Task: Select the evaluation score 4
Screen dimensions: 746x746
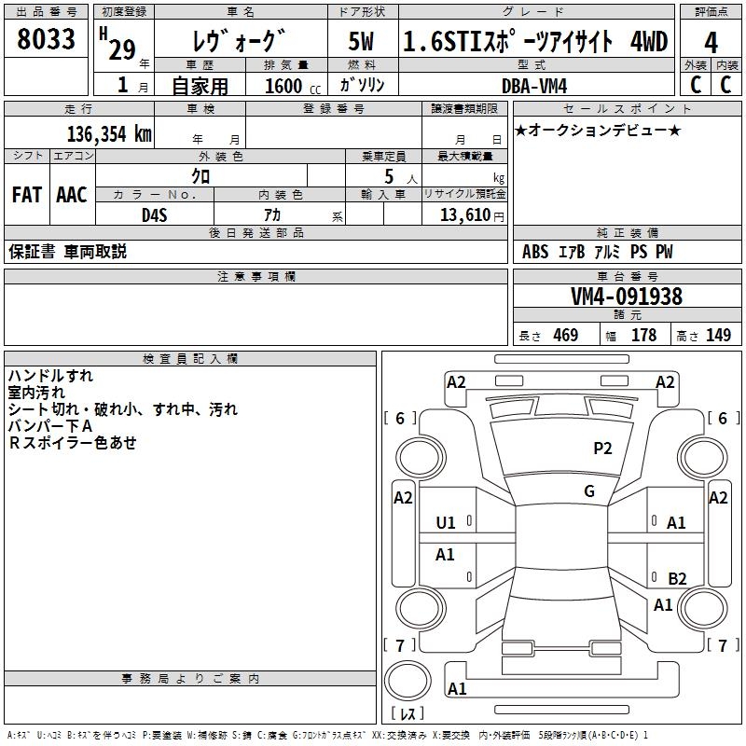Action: click(x=711, y=42)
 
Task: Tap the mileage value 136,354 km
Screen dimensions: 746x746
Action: click(x=109, y=133)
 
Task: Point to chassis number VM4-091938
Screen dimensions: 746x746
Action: click(x=627, y=297)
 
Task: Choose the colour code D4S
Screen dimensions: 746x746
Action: click(x=155, y=214)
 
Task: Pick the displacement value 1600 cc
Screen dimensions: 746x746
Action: click(x=283, y=86)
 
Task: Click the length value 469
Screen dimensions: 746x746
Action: click(x=565, y=335)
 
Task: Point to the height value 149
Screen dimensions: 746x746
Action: click(x=718, y=335)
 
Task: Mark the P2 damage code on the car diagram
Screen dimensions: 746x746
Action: click(x=603, y=449)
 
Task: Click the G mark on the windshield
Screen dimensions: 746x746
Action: click(x=589, y=491)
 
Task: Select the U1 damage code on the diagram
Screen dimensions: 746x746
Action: click(x=446, y=523)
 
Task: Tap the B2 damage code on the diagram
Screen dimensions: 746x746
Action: click(x=677, y=578)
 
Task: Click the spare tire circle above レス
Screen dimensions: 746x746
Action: click(x=408, y=680)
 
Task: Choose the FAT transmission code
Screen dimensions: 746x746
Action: click(x=27, y=195)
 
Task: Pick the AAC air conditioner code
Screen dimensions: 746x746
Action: click(x=72, y=195)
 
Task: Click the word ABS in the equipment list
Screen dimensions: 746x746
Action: click(x=535, y=252)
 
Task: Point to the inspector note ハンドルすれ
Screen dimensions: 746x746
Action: click(x=50, y=376)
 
